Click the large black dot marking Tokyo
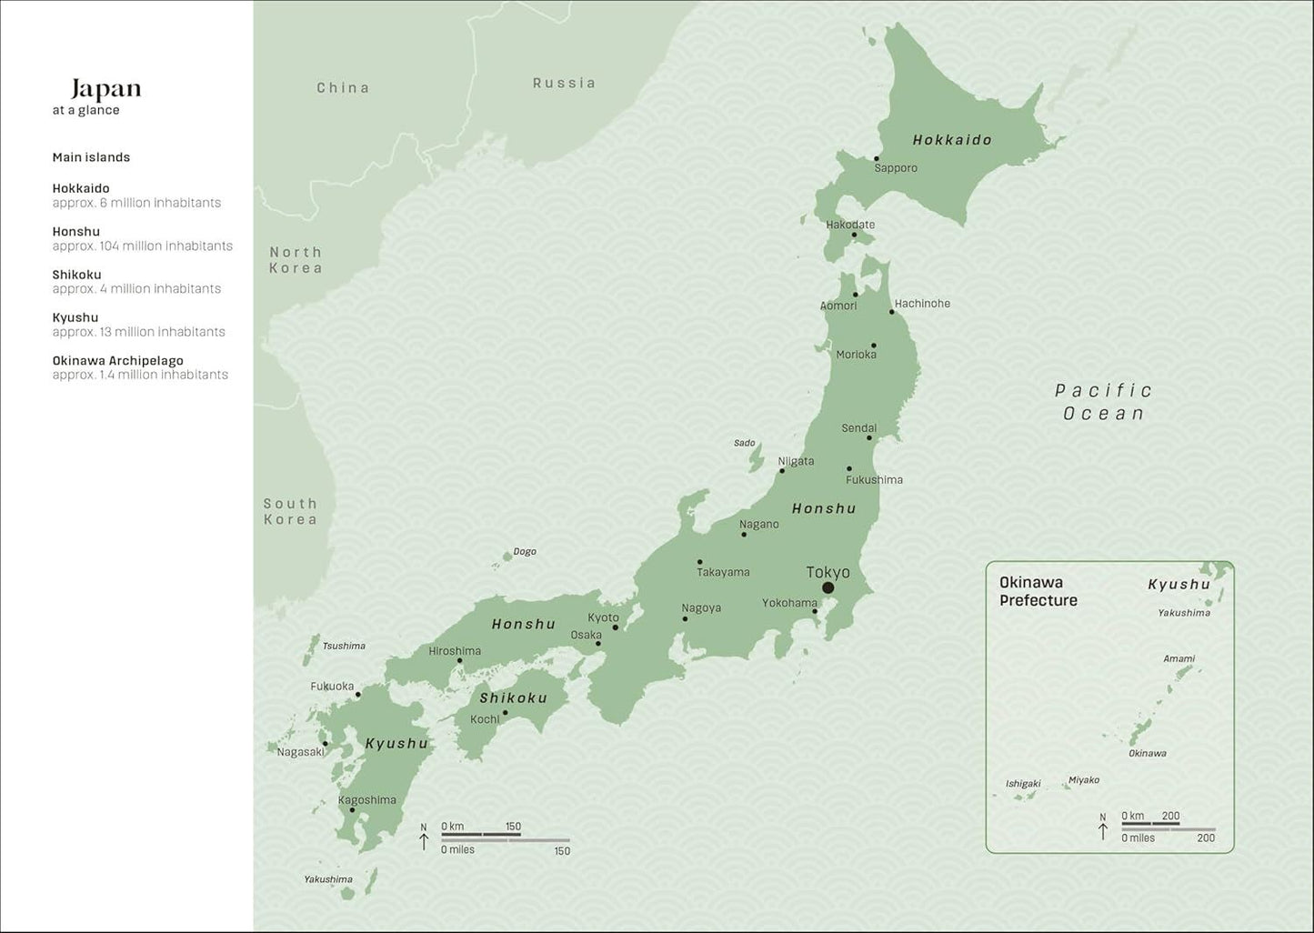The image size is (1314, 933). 828,588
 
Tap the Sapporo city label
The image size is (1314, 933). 896,168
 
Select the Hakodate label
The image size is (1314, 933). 850,225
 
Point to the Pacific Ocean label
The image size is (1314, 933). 1104,402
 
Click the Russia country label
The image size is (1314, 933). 564,83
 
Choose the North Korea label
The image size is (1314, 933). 296,260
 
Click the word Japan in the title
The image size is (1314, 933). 106,88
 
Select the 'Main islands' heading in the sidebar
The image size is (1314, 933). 91,157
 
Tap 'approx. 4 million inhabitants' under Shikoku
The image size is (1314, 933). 136,289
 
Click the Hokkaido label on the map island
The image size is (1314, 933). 952,140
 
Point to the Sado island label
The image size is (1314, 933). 744,443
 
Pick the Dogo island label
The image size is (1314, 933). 525,551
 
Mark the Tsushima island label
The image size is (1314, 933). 344,646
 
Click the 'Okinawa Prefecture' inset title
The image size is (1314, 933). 1038,591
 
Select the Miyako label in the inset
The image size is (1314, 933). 1083,780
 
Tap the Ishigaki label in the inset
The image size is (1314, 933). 1023,784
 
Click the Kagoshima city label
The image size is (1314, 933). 367,800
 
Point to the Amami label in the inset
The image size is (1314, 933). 1179,658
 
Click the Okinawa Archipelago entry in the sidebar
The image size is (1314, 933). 117,361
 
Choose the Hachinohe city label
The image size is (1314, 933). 922,304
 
